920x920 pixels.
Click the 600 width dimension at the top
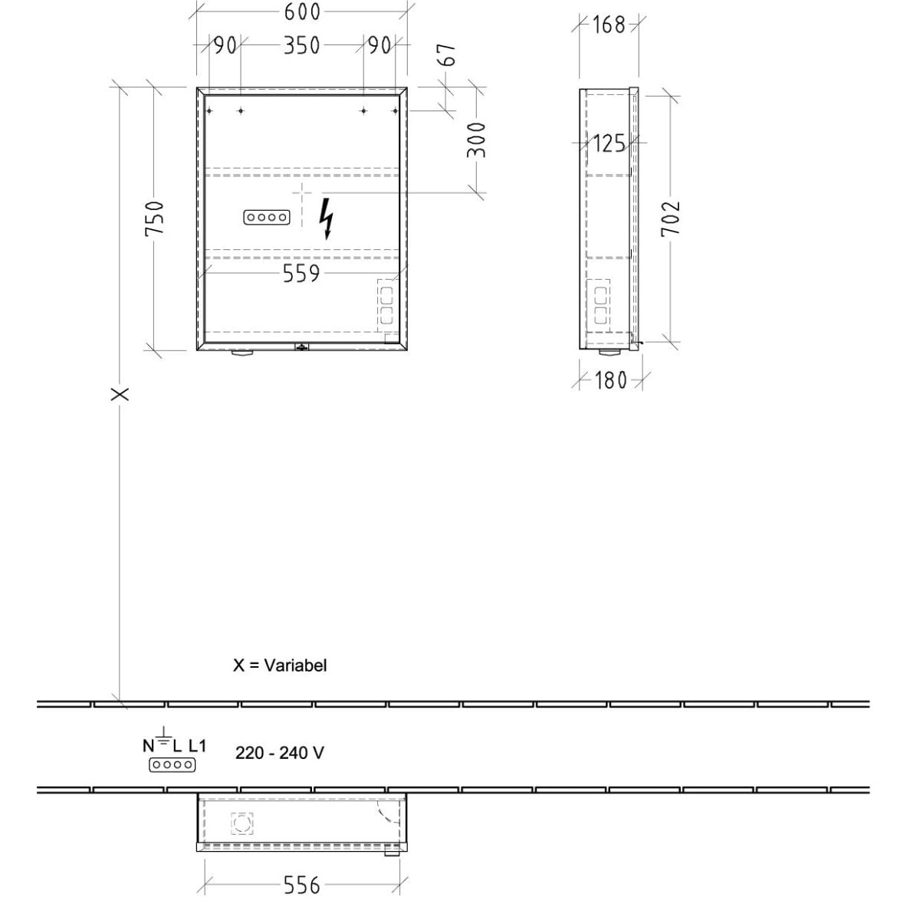302,12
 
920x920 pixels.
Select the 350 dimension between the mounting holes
302,46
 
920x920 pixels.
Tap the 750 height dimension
155,219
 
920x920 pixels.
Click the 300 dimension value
476,140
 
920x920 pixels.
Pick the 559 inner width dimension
301,274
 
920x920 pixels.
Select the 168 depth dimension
609,25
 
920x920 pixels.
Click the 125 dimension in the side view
609,143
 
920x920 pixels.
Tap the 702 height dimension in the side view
670,219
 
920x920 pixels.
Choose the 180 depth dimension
610,380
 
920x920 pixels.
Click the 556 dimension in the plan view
302,886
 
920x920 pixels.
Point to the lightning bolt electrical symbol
326,219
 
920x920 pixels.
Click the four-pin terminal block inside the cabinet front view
267,218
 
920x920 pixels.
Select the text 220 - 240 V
280,754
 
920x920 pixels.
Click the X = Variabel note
280,665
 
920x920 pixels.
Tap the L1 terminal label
197,746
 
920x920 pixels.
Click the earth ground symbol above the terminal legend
164,736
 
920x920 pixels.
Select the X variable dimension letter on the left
120,394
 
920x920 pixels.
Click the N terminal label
149,746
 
